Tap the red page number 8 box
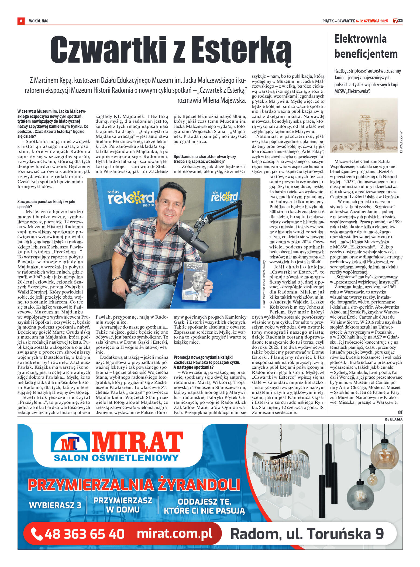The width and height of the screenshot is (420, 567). [21, 21]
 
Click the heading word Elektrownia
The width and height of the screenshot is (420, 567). [360, 39]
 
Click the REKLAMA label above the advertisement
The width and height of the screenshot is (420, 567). [393, 419]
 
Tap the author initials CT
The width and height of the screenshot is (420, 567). [400, 412]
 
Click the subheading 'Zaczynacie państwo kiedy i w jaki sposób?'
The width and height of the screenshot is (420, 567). [46, 204]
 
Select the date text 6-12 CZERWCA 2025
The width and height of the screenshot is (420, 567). [372, 21]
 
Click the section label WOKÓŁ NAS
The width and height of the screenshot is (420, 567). [39, 21]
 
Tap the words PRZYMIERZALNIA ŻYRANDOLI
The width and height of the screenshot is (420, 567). [134, 485]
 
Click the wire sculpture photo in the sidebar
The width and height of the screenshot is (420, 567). [364, 125]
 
